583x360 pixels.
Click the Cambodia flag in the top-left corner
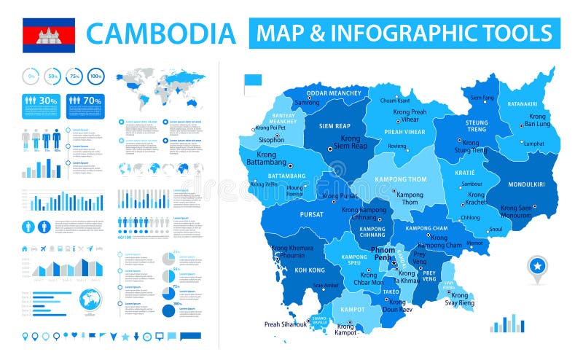click(49, 35)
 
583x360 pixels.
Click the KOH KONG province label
click(290, 270)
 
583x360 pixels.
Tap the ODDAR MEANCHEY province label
click(333, 93)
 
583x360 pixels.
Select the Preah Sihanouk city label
click(285, 324)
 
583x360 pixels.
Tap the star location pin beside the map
click(537, 268)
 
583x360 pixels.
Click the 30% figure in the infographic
click(48, 101)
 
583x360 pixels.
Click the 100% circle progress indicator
click(95, 75)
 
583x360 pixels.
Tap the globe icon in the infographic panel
click(90, 300)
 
